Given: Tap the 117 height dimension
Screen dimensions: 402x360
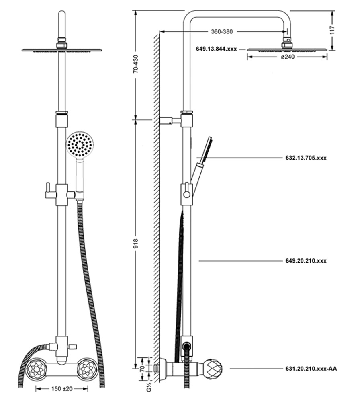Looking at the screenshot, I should (x=331, y=31).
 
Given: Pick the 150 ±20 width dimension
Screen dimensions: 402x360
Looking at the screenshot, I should (x=61, y=389).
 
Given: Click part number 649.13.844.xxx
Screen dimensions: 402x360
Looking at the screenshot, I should (x=216, y=49).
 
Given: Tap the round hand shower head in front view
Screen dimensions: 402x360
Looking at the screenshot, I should (x=80, y=145).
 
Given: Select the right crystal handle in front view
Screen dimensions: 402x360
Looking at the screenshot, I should (x=88, y=369).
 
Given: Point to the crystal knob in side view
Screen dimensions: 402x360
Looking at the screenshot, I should (x=213, y=369).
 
